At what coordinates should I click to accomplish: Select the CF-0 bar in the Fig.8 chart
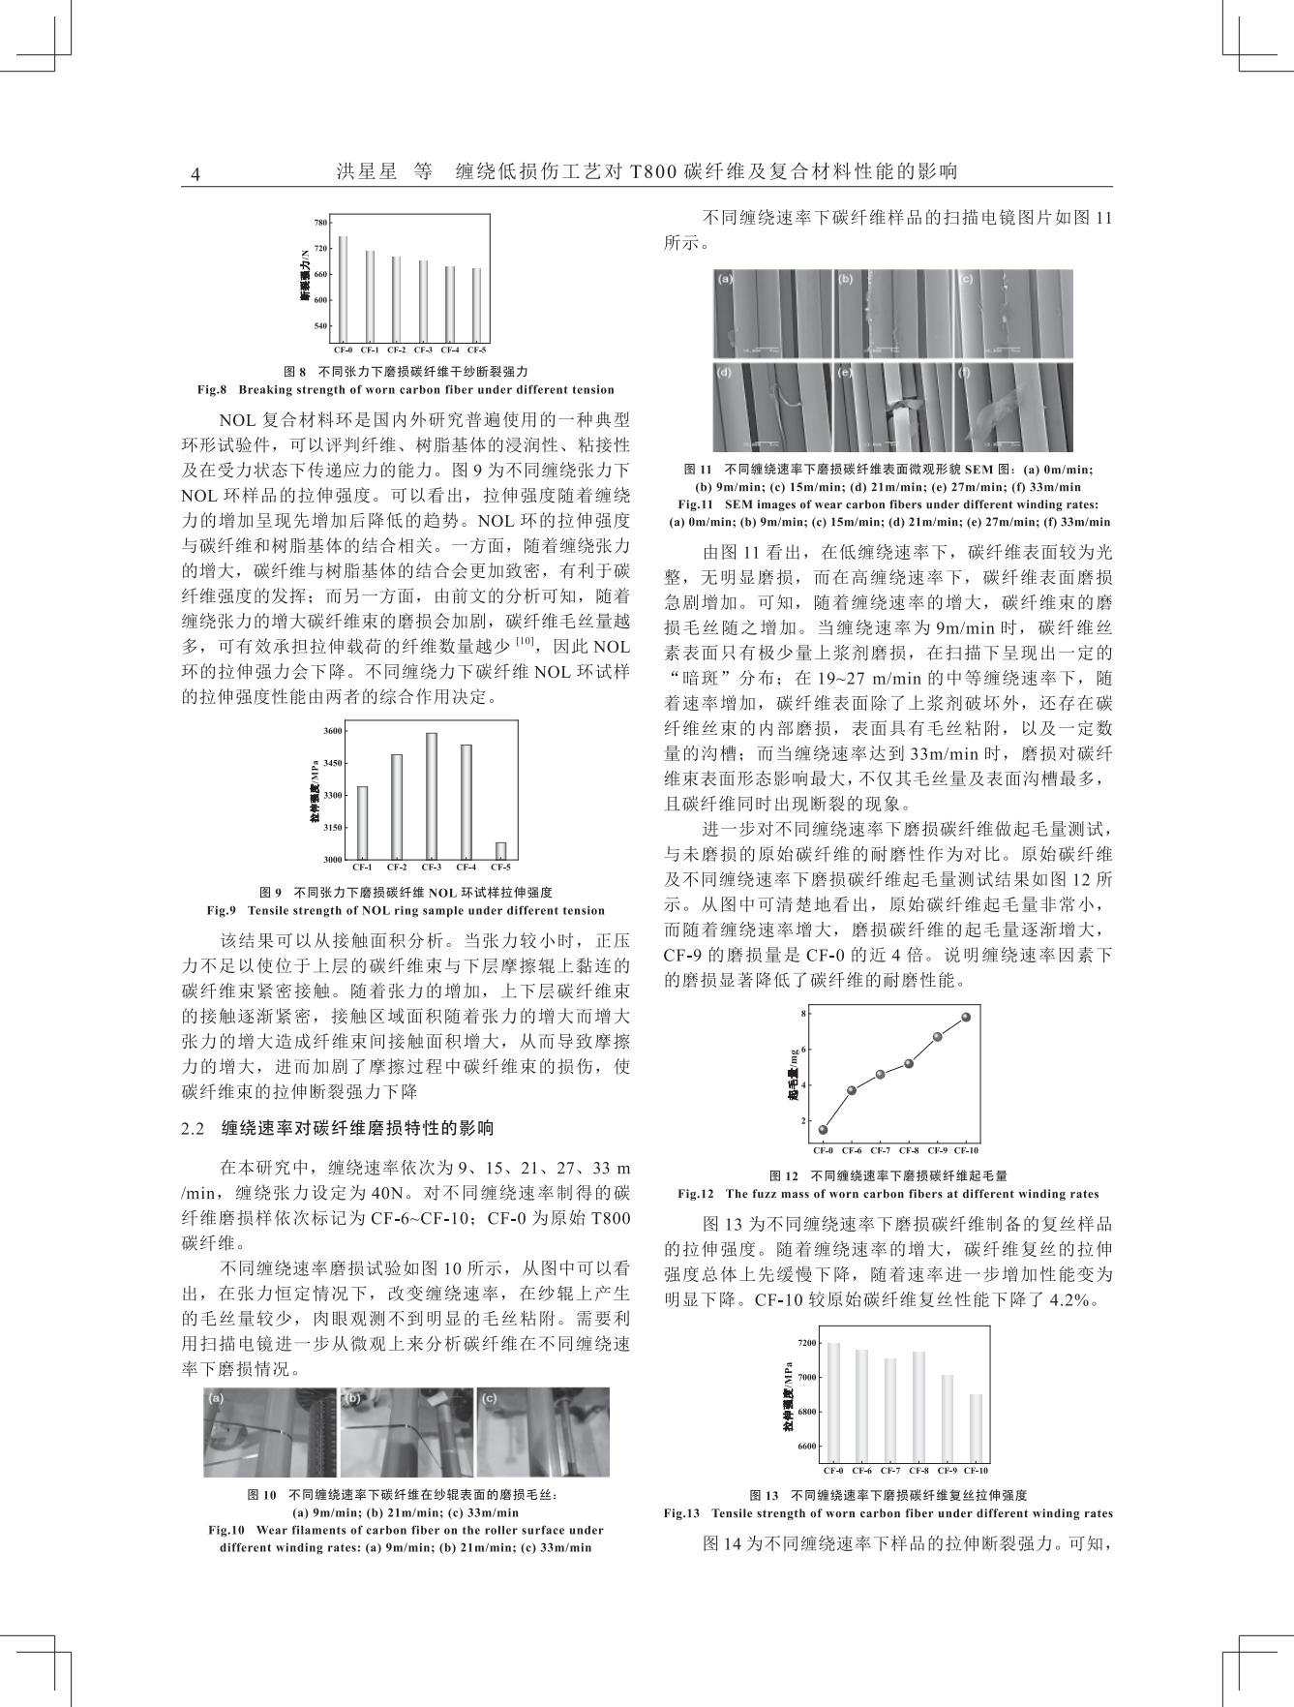click(x=343, y=289)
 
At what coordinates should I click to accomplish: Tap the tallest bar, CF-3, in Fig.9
click(x=432, y=796)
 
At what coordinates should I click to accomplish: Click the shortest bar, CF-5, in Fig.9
click(x=500, y=850)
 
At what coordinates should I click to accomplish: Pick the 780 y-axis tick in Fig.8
click(x=320, y=223)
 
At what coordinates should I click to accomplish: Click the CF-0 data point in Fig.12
click(x=824, y=1129)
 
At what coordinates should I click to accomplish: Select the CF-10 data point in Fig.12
click(x=966, y=1017)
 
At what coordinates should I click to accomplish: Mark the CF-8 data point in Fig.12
click(x=909, y=1063)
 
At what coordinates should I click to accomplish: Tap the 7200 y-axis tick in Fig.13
click(x=806, y=1343)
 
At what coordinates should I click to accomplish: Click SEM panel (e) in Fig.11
click(x=891, y=407)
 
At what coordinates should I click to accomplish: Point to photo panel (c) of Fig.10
click(x=543, y=1431)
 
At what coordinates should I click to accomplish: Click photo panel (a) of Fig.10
click(x=270, y=1431)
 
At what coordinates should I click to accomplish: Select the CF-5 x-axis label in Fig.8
click(x=477, y=350)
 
